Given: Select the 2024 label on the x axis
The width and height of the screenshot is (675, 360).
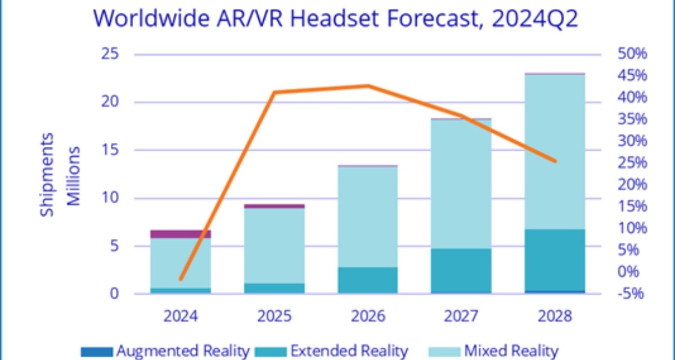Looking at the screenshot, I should point(181,317).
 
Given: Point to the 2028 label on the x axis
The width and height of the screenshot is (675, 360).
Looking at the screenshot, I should point(555,317).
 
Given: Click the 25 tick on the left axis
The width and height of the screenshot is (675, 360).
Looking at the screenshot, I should point(111,55).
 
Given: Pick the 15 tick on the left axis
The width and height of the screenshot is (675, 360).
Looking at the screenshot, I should point(111,150).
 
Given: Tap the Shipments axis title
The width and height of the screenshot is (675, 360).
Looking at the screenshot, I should point(48,174).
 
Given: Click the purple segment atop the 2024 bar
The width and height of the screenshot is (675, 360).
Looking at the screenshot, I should point(181,234).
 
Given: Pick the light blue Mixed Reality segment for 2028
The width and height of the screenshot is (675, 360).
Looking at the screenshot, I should point(555,152).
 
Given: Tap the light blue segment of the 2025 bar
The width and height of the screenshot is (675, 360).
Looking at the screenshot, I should point(274,246).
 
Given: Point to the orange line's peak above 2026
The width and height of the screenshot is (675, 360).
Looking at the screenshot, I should point(368,85).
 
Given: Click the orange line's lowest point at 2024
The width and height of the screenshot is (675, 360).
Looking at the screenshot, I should point(181,279).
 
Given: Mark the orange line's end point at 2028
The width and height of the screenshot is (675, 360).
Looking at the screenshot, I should point(555,161).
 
